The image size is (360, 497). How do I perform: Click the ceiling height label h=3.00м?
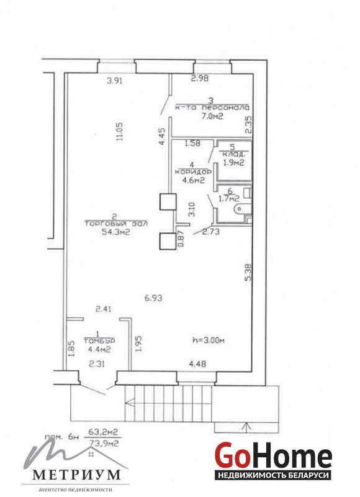pos(209,340)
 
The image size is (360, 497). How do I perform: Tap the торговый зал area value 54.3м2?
pos(116,232)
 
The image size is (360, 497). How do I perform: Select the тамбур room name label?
pos(99,340)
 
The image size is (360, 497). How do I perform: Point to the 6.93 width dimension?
pos(153,298)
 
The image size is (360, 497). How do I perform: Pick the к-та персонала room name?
pos(212,107)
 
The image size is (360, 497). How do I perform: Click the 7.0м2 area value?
pos(212,116)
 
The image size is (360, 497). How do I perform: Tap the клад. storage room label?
pos(233,155)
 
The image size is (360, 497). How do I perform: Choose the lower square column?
pos(168,241)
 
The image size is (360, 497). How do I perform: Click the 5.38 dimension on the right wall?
pos(248,273)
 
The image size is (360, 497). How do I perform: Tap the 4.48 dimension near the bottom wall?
pos(197,364)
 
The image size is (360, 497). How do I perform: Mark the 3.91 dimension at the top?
pos(115,81)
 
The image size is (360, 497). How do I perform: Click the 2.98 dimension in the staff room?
pos(200,78)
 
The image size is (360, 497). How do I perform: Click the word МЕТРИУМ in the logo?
pos(77,475)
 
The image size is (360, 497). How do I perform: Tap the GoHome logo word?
pos(274,456)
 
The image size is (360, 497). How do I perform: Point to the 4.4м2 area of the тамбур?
pos(99,350)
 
